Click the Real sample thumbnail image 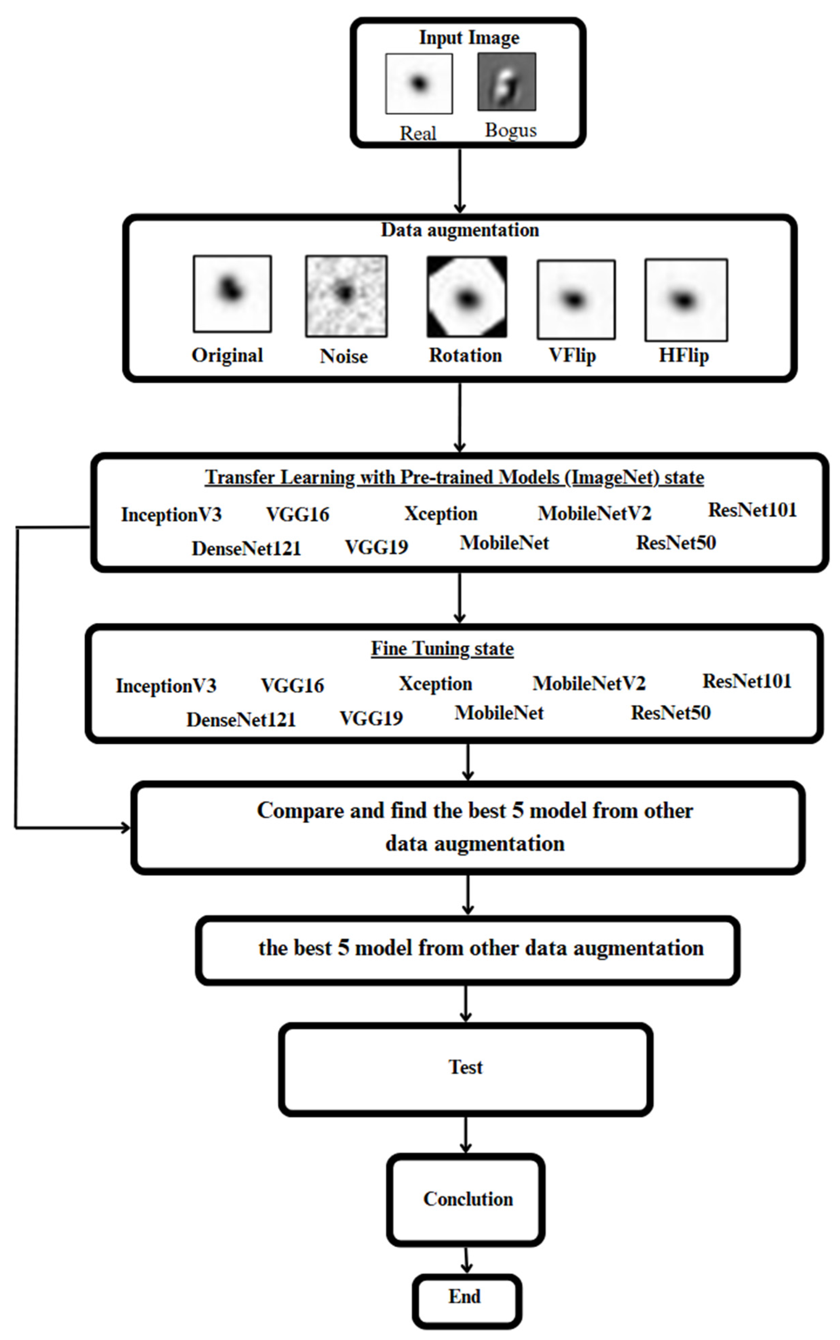click(419, 83)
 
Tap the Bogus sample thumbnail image click(507, 82)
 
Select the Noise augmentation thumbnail click(346, 296)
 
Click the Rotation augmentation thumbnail click(467, 296)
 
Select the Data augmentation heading click(460, 230)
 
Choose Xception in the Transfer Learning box click(441, 514)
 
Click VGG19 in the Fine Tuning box click(371, 719)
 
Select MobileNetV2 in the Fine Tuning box click(589, 684)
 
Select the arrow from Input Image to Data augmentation click(460, 180)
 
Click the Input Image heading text click(469, 38)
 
